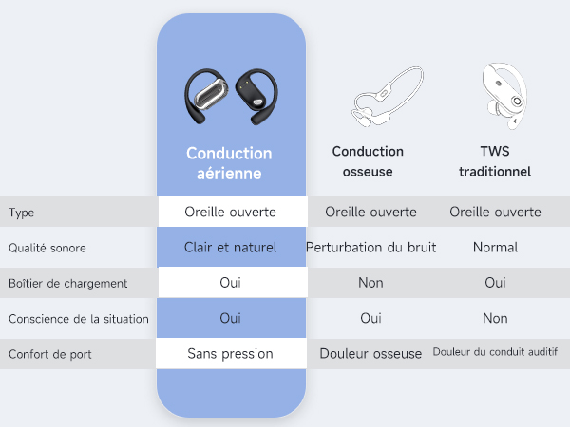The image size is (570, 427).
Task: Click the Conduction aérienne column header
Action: click(229, 163)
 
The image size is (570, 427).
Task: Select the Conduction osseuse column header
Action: click(368, 161)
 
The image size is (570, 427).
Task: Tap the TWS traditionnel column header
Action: click(495, 161)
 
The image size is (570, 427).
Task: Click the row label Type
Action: click(22, 213)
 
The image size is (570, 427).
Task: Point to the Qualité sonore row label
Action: click(47, 248)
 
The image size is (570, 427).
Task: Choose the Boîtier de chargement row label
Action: click(68, 283)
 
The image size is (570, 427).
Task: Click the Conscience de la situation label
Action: click(79, 319)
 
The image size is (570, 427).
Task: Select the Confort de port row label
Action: click(50, 354)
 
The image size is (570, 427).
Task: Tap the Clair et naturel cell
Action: click(230, 248)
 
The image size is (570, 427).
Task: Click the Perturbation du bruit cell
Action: click(370, 248)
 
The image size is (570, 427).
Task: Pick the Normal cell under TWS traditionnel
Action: click(495, 248)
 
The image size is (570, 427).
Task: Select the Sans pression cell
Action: click(230, 354)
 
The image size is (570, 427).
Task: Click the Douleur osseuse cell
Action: click(370, 354)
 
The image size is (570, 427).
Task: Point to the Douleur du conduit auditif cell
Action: click(495, 352)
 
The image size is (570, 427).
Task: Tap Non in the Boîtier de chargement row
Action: click(370, 283)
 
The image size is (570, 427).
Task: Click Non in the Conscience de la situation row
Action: click(495, 318)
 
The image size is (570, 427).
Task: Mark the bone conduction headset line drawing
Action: click(388, 97)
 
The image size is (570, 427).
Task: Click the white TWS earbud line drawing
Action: click(504, 96)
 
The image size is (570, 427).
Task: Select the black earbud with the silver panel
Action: click(206, 96)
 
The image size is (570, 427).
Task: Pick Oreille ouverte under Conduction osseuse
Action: click(370, 212)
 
